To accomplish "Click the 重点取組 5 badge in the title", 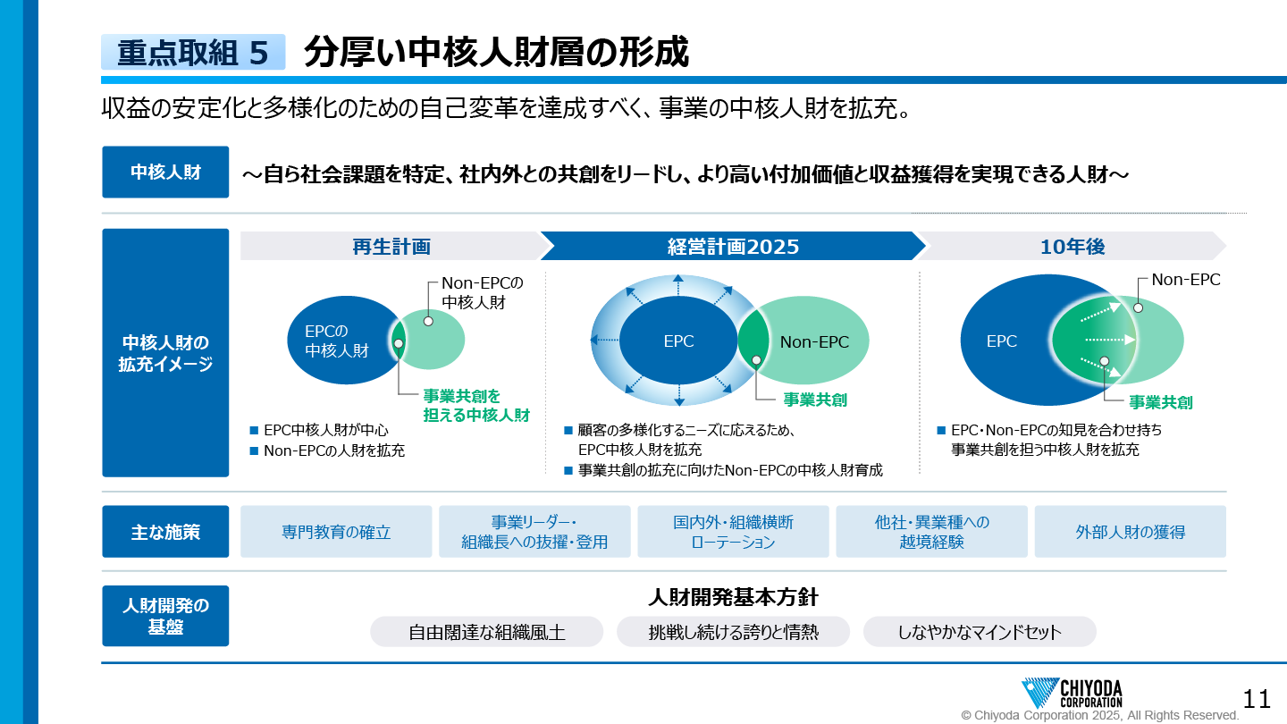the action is pos(193,52).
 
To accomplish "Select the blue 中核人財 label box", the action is pos(165,172).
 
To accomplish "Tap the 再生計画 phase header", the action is pos(391,246).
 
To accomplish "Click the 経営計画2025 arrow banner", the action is pos(733,246).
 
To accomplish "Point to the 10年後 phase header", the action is pos(1072,246).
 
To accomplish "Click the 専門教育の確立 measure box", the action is pos(336,532).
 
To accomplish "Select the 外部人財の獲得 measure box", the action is pos(1130,532).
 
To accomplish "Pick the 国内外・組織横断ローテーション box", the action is pos(733,532).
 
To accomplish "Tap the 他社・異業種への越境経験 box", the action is pos(931,532).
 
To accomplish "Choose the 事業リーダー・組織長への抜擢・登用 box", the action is pos(534,532).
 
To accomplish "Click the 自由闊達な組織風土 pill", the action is pos(486,632).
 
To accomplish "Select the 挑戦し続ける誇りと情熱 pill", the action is pos(733,632).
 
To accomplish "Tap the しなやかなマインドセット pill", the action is pos(980,632).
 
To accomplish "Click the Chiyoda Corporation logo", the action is pos(1072,693).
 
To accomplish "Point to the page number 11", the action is pos(1257,699).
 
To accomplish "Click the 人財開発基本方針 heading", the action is pos(733,598).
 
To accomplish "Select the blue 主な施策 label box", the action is pos(165,532).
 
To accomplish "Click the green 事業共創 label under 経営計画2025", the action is pos(815,400).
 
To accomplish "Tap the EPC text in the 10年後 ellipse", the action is pos(1001,341).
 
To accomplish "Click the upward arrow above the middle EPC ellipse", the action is pos(678,284).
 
